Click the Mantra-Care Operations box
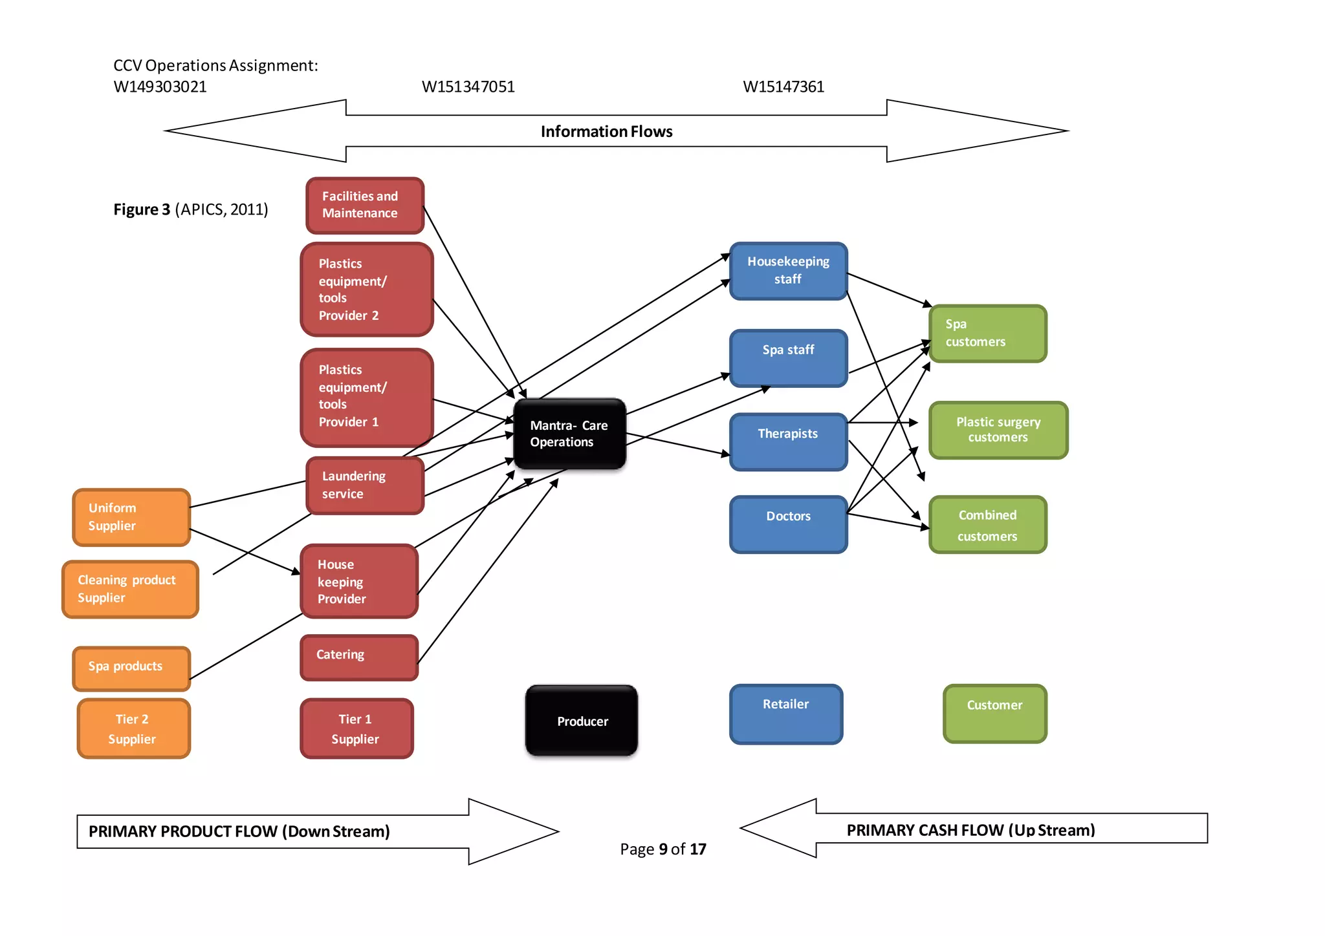tap(569, 434)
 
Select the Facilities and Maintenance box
tap(365, 205)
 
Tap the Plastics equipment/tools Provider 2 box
tap(366, 289)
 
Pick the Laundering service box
tap(365, 485)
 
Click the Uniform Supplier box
tap(131, 517)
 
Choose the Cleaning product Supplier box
tap(130, 589)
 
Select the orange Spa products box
tap(131, 668)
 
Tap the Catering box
tap(359, 657)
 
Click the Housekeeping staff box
tap(788, 271)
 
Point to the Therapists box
tap(788, 441)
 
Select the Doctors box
tap(788, 524)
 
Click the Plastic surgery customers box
tap(998, 430)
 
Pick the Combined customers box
tap(987, 524)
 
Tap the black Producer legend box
tap(582, 720)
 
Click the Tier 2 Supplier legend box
tap(133, 729)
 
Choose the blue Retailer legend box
tap(785, 714)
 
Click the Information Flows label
tap(606, 132)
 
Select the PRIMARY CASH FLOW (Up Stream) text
tap(970, 830)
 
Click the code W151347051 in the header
tap(468, 87)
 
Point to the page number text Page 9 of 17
tap(662, 849)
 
